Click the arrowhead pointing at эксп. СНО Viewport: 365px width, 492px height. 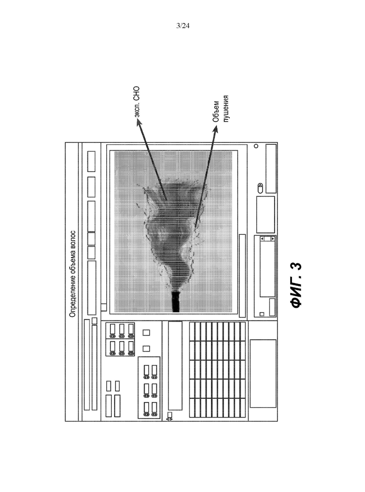tap(139, 123)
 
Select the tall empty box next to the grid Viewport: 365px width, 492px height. tap(175, 365)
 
